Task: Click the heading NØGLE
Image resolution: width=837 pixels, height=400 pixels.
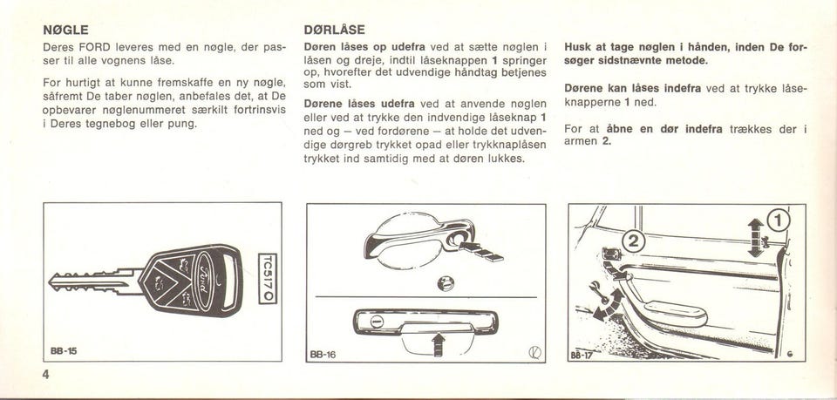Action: (65, 30)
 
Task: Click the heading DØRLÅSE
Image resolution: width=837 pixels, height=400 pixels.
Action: (334, 30)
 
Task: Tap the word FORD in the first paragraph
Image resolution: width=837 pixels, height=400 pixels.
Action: (94, 47)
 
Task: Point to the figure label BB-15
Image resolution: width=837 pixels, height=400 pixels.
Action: (64, 351)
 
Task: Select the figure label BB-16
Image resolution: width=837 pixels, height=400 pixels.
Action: (323, 354)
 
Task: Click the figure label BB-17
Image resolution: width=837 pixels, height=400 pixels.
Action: (582, 354)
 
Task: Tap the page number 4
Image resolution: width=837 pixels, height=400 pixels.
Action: (46, 375)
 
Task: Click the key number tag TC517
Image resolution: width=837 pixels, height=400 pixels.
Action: (268, 278)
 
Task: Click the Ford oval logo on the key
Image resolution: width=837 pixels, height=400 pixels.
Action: (204, 281)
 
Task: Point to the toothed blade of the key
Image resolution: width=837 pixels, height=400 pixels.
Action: (93, 281)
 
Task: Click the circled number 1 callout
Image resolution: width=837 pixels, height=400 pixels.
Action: (778, 220)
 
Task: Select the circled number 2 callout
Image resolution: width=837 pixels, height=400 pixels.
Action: (634, 241)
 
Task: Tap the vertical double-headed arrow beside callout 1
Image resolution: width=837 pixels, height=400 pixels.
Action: (755, 238)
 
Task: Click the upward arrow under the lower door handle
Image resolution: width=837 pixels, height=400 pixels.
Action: (439, 344)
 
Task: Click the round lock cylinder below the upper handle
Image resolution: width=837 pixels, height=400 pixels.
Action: (446, 282)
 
